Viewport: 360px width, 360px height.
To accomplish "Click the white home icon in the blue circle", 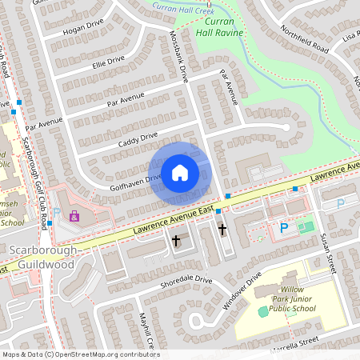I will [x=180, y=172].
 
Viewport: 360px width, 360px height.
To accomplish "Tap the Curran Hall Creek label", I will [x=182, y=6].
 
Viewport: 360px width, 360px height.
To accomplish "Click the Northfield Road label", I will [x=305, y=38].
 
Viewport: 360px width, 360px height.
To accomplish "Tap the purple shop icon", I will [x=74, y=217].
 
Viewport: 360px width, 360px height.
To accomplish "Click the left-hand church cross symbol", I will [x=176, y=239].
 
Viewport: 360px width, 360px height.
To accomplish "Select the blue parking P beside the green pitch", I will [x=283, y=227].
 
